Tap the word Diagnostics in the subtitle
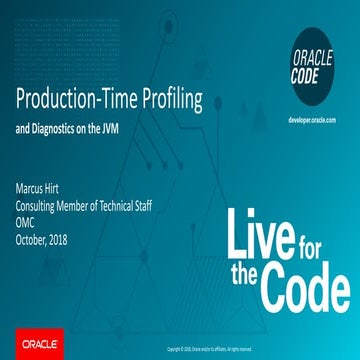[x=69, y=127]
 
